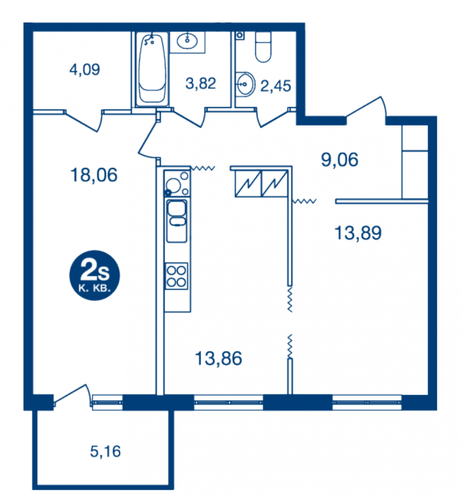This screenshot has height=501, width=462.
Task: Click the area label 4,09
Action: [85, 69]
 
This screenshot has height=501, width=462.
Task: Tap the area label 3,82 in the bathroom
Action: [201, 84]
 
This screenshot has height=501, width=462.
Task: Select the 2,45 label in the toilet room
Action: [276, 86]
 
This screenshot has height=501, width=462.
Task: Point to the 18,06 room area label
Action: [94, 175]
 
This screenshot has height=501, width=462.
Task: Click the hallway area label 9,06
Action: [339, 159]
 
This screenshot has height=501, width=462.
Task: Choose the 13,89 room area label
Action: [358, 233]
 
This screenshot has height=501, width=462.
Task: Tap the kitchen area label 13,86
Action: [219, 358]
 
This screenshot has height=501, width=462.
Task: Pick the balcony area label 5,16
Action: [105, 451]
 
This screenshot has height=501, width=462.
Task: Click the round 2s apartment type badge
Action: [94, 275]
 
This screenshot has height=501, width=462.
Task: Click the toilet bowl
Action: [263, 47]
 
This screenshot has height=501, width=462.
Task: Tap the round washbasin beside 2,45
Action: [246, 84]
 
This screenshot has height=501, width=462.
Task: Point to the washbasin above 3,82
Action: [187, 41]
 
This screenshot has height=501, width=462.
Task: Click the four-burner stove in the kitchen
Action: [176, 276]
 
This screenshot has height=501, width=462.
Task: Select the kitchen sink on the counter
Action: [177, 221]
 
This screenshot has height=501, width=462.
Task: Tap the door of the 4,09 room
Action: [84, 121]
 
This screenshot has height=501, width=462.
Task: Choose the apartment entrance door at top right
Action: [367, 109]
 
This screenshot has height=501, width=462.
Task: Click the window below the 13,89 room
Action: [367, 402]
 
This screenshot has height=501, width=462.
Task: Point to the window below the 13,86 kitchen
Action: [228, 402]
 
